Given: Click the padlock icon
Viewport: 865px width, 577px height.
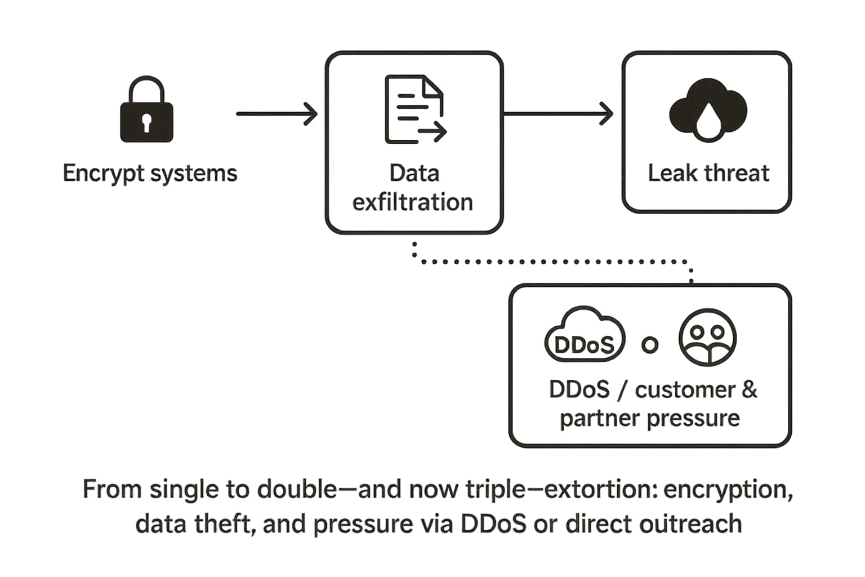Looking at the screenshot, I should (146, 110).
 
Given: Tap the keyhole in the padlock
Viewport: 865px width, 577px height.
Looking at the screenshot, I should (146, 122).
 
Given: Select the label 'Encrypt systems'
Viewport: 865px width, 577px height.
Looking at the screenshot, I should (150, 173).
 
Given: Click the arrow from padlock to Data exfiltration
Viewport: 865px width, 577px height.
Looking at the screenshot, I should (276, 114).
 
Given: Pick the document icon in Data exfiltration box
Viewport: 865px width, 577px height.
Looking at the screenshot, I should (414, 109).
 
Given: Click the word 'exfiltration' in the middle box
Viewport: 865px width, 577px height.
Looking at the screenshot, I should (413, 202).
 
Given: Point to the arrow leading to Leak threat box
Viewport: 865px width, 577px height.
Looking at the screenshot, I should (558, 114).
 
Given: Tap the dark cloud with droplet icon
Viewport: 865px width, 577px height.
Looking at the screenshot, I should (707, 110).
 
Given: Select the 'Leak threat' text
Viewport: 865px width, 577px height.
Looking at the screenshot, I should (708, 173).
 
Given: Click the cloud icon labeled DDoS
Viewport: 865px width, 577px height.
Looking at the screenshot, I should (585, 336).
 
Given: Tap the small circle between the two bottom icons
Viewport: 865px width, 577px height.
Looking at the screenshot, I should (650, 345).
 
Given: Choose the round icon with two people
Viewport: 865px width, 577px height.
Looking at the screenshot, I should (708, 338).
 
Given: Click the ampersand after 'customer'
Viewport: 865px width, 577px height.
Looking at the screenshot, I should (749, 389).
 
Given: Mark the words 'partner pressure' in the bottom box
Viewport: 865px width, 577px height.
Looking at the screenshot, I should (650, 418).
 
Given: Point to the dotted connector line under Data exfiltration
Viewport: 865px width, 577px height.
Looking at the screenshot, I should (552, 261).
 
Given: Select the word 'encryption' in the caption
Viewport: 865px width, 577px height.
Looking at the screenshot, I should (728, 489).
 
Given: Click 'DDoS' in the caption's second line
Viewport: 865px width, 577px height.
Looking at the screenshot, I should (494, 523).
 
